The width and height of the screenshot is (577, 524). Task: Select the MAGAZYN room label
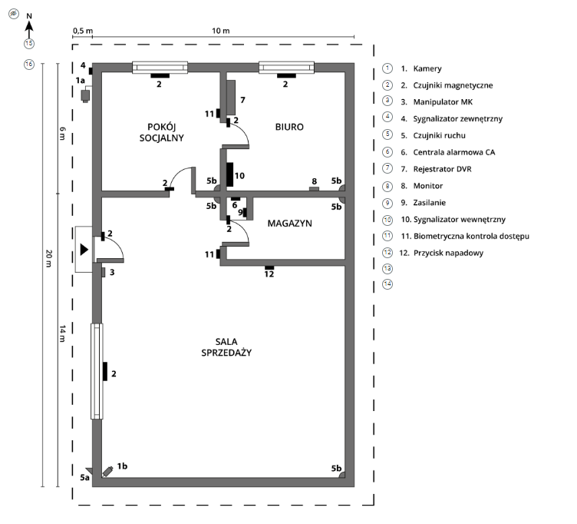coord(292,223)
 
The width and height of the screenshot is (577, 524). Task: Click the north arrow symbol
coord(28,28)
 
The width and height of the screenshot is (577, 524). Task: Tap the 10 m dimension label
coord(221,30)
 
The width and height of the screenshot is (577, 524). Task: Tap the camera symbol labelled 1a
coord(86,95)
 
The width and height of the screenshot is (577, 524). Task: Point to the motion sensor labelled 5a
coord(89,470)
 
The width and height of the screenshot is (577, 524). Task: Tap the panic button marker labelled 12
coord(269,267)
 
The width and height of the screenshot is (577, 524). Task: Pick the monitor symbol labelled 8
coord(313,187)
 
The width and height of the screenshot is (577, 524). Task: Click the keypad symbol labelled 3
coord(103,271)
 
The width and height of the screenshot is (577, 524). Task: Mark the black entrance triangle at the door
coord(84,249)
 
